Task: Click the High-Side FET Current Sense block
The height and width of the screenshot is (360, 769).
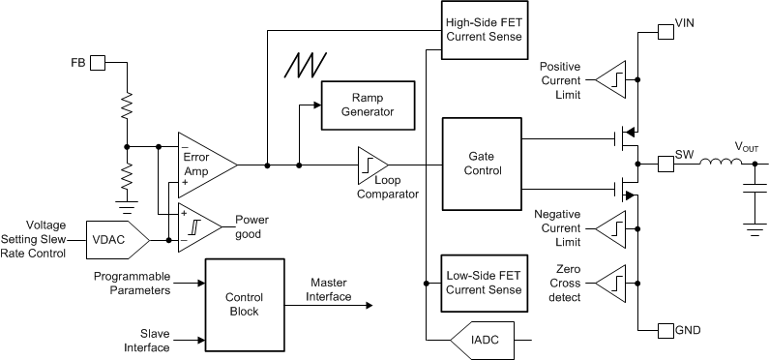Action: (485, 29)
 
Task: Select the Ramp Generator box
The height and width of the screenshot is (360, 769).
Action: (367, 105)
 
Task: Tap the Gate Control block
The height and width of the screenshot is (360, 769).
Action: (482, 164)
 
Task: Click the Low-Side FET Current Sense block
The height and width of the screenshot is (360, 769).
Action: (485, 283)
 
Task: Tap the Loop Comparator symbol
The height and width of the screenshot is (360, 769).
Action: (371, 165)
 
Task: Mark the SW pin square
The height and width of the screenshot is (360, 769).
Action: (666, 165)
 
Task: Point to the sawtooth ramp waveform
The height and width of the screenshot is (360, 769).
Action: (307, 65)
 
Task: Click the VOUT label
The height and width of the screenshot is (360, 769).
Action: (748, 146)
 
